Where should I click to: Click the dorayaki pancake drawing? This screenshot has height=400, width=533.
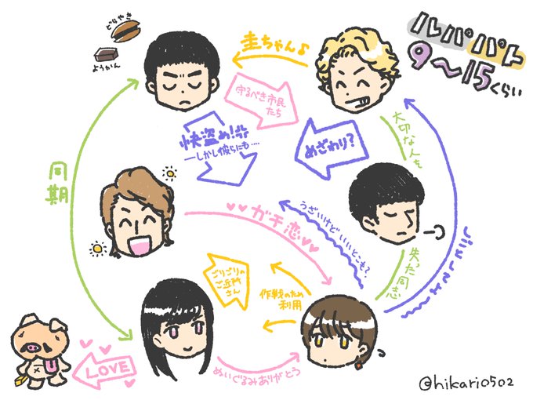pos(125,31)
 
